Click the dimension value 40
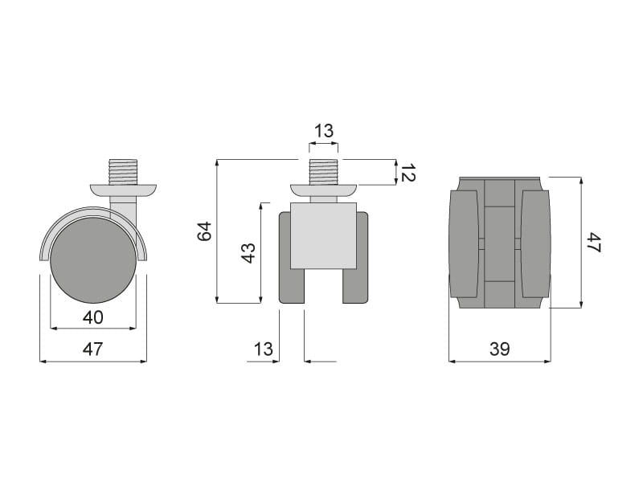coord(92,317)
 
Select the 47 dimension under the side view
coord(92,349)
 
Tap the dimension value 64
coord(204,231)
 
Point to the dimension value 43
coord(248,253)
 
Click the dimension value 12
coord(408,173)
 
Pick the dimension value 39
coord(499,349)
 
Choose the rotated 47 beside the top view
coord(594,243)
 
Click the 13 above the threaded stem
coord(324,131)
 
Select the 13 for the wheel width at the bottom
coord(263,349)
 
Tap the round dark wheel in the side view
coord(93,260)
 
